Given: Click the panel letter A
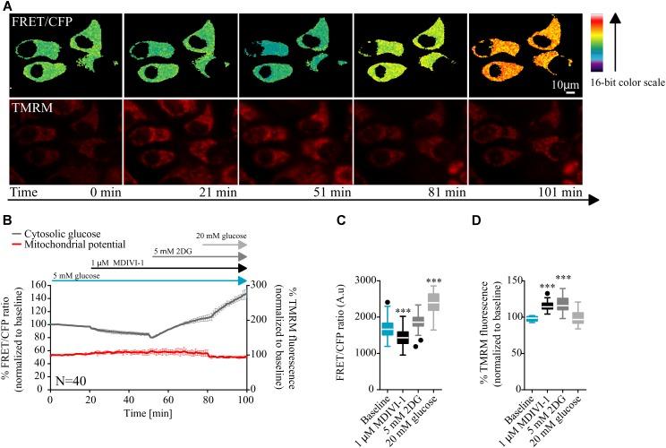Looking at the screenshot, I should click(6, 6).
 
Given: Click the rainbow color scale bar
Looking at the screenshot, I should click(598, 53).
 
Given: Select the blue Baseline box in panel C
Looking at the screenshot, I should click(363, 328).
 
